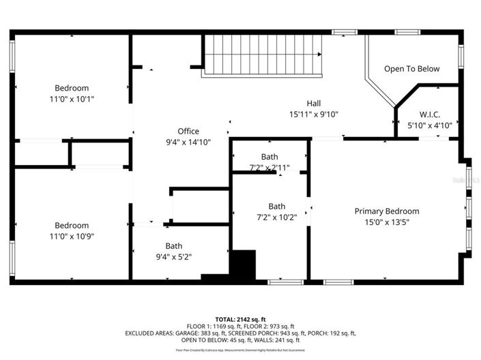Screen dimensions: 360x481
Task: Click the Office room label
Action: click(x=188, y=131)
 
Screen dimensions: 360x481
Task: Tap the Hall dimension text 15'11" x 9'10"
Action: click(x=313, y=115)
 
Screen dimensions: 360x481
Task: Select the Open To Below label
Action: click(x=411, y=69)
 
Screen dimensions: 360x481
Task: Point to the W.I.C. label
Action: click(x=429, y=113)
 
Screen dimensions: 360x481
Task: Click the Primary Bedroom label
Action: click(x=387, y=211)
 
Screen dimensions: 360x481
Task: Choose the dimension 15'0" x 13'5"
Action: click(x=387, y=222)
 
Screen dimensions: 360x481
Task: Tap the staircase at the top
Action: click(x=263, y=55)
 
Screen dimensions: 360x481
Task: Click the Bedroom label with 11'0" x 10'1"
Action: click(x=72, y=88)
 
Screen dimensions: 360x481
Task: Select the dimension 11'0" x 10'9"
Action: click(x=72, y=237)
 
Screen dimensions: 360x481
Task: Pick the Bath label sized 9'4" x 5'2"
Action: click(x=174, y=246)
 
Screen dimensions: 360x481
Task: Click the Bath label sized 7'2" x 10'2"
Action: click(x=277, y=207)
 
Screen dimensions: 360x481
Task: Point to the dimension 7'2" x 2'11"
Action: click(x=269, y=168)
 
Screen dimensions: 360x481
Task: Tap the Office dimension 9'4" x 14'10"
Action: click(x=188, y=142)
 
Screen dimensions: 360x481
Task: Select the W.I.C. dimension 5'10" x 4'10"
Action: click(x=429, y=125)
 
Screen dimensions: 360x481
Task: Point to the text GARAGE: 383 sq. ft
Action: click(x=194, y=333)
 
